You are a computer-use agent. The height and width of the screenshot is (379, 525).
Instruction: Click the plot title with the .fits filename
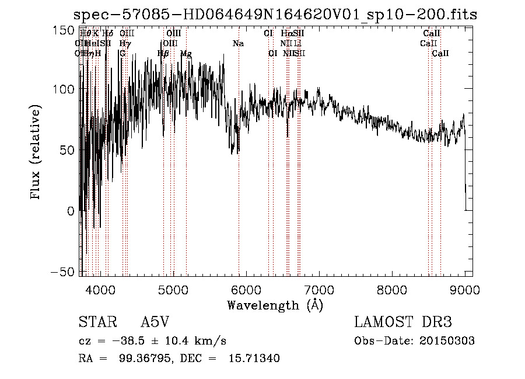pos(277,15)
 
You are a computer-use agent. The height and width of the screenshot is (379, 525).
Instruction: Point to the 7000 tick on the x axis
pos(318,289)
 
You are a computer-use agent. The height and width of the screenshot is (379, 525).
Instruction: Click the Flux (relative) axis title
pos(36,152)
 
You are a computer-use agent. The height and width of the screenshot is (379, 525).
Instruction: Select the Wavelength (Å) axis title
pos(275,305)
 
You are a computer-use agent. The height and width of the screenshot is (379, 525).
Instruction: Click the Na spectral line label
pos(238,44)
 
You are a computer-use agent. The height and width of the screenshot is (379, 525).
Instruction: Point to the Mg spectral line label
pos(186,54)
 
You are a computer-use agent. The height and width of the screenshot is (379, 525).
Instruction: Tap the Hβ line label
pos(163,54)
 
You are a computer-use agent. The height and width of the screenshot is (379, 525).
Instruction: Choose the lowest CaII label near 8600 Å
pos(440,54)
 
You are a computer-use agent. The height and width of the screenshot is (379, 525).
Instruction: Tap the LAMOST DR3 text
pos(403,322)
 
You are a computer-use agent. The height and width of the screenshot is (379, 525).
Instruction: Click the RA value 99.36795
pos(143,359)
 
